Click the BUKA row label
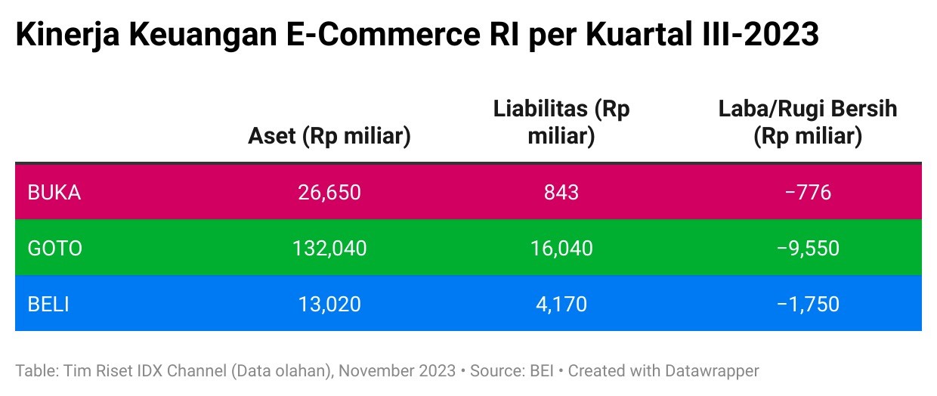pos(54,192)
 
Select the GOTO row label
pos(54,248)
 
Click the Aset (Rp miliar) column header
pos(329,136)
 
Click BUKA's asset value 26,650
pos(329,192)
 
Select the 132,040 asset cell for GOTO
pos(329,248)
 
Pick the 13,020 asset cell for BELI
pos(329,304)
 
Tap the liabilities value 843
pos(561,192)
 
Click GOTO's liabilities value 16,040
pos(561,248)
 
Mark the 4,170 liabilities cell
pos(561,304)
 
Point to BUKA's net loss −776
pos(808,192)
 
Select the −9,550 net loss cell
pos(808,248)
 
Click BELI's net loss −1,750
pos(808,304)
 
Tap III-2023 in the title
pos(756,36)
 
